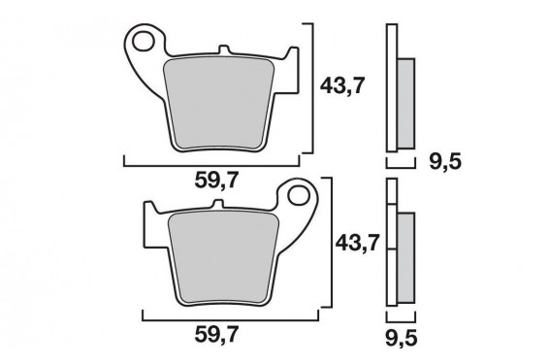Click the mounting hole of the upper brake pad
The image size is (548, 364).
[144, 42]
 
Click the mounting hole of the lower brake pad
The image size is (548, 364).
[299, 196]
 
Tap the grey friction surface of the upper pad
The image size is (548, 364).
[219, 104]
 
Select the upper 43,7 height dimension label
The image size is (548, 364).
[342, 85]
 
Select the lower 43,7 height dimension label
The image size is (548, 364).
[357, 243]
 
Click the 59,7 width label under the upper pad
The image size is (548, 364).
[216, 181]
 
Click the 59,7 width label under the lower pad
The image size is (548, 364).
[216, 334]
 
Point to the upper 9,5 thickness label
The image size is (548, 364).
[445, 162]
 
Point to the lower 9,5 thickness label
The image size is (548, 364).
[402, 339]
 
